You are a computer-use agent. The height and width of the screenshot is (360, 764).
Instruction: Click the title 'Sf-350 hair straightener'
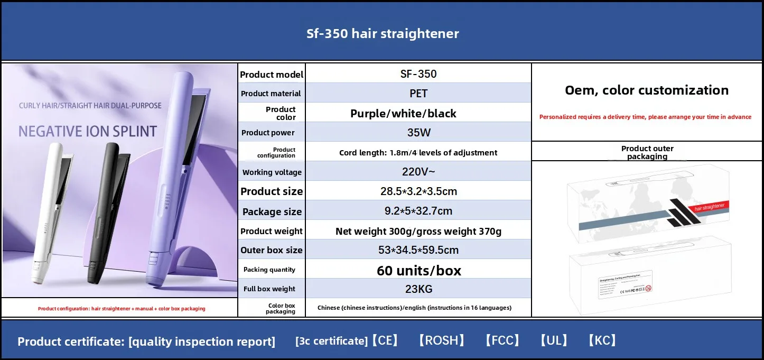pos(383,34)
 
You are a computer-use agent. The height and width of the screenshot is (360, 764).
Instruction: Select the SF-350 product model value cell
pos(418,74)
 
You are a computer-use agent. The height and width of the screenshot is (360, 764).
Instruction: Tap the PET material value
pos(418,94)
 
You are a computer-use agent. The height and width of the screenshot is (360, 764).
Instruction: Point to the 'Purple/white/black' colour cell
pos(403,113)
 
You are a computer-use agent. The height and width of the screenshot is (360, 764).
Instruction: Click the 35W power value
pos(418,133)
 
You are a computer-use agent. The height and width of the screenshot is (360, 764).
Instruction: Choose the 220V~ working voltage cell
pos(418,171)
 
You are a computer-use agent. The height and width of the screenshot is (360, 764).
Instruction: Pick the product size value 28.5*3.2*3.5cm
pos(418,191)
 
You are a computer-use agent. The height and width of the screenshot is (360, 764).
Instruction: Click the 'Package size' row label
pos(272,211)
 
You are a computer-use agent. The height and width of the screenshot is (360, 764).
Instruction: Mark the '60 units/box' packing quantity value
pos(418,271)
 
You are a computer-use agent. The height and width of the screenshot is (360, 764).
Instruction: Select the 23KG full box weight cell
pos(418,289)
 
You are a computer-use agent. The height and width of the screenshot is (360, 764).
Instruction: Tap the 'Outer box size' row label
pos(272,250)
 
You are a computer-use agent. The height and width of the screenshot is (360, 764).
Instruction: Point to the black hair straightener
pos(106,211)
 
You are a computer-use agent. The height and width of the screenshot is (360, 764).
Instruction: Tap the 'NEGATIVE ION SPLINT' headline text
pos(88,131)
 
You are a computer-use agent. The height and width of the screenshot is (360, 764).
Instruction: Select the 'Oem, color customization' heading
pos(647,90)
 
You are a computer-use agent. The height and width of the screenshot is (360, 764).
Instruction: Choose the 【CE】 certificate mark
pos(385,340)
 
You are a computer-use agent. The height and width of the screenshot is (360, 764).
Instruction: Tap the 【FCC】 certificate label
pos(502,340)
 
